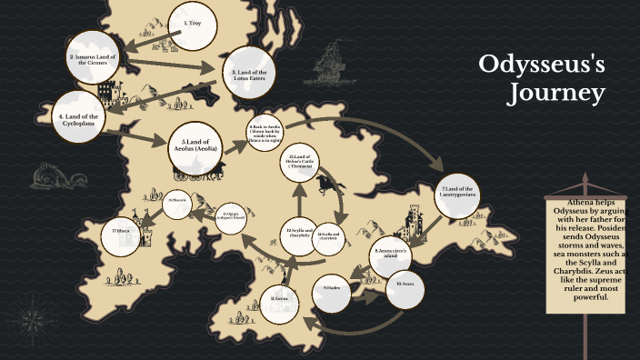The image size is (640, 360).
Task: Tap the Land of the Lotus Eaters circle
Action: click(248, 73)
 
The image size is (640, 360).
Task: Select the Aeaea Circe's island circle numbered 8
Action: click(393, 254)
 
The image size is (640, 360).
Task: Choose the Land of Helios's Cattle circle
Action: click(301, 164)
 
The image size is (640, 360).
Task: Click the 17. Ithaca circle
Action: click(122, 232)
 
